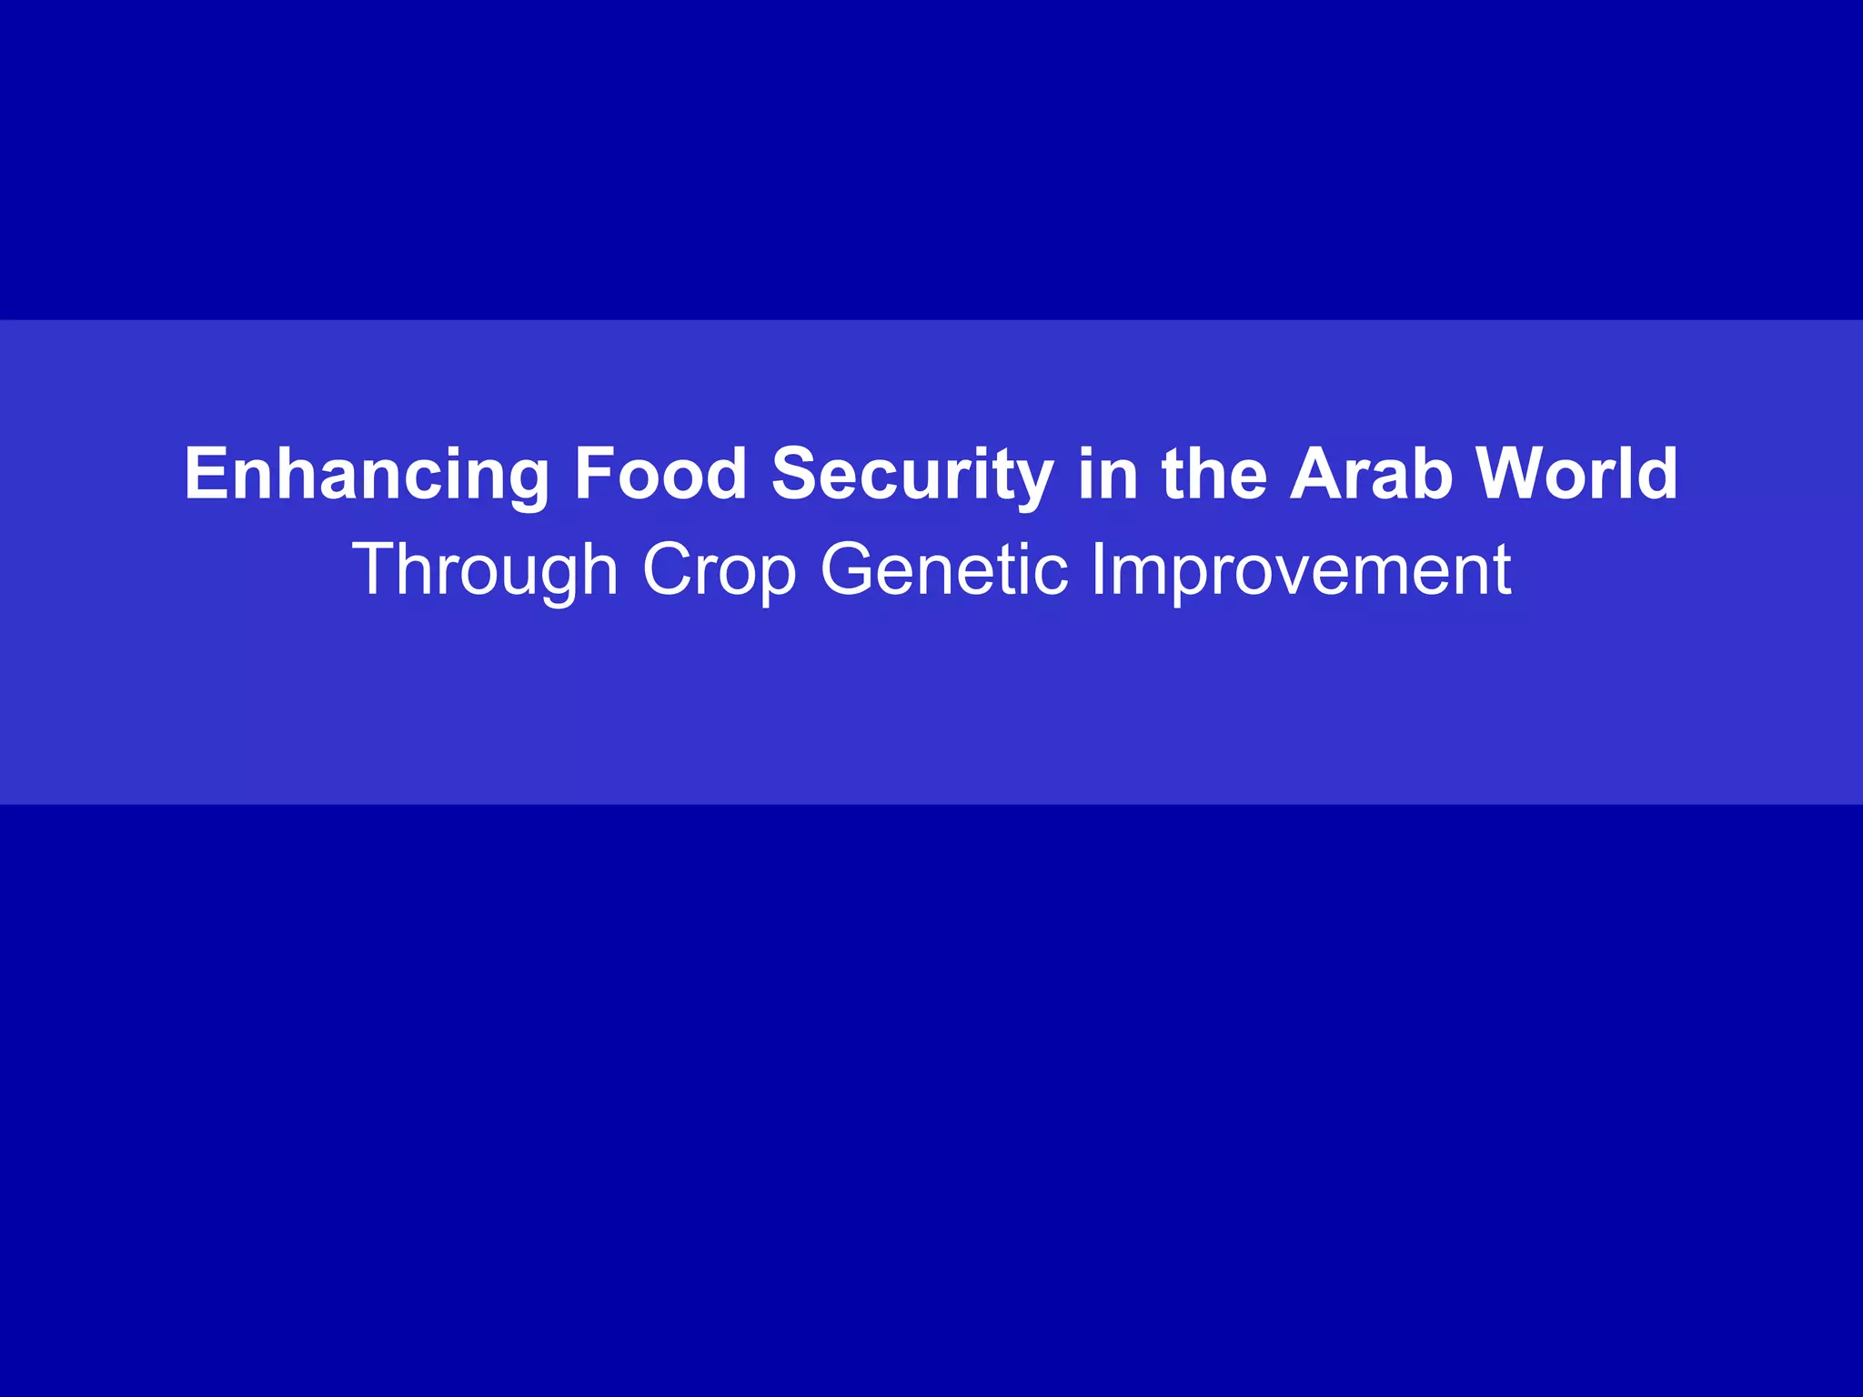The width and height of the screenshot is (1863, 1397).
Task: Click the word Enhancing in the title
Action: (367, 475)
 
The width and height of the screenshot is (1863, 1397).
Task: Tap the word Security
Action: (912, 475)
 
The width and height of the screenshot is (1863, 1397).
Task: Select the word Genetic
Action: (943, 569)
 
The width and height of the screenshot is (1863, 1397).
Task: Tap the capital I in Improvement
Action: (1098, 569)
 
